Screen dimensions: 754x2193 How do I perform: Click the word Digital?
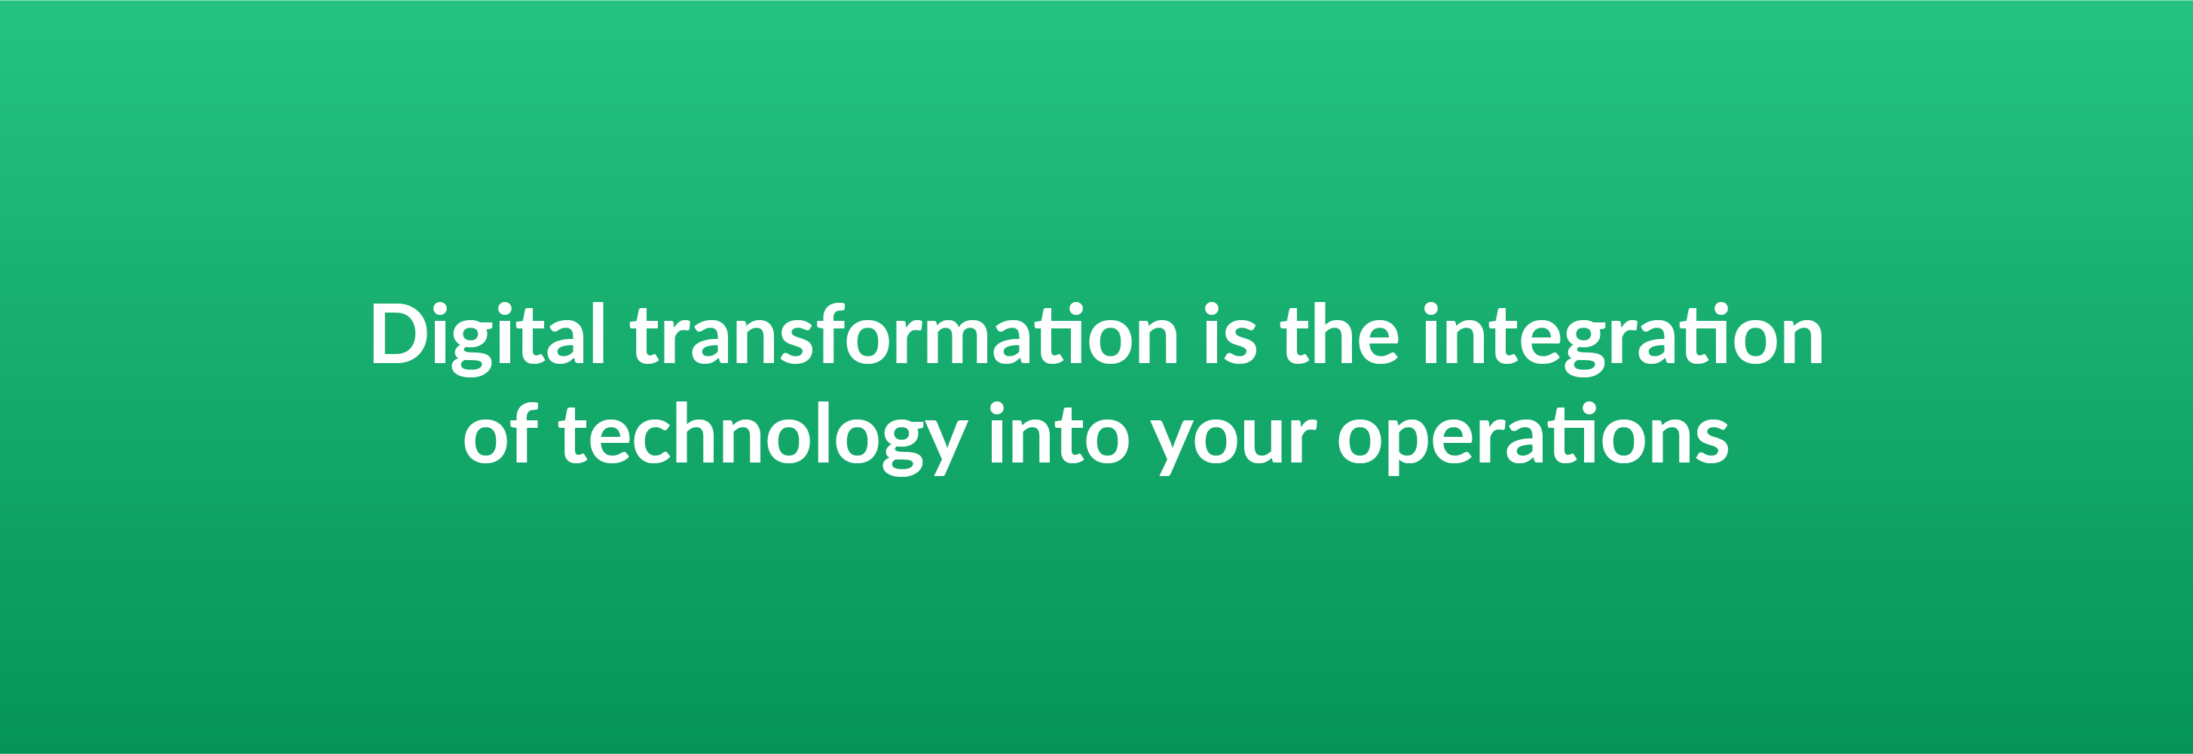click(x=487, y=334)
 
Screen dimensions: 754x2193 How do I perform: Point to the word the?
click(x=1339, y=334)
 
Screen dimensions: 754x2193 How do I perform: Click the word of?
click(x=500, y=435)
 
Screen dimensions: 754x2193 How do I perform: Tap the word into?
click(x=1059, y=435)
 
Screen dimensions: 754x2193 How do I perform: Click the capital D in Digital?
click(x=399, y=334)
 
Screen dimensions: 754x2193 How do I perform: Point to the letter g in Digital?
click(x=472, y=345)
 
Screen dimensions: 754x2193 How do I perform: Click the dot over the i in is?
click(x=1213, y=308)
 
